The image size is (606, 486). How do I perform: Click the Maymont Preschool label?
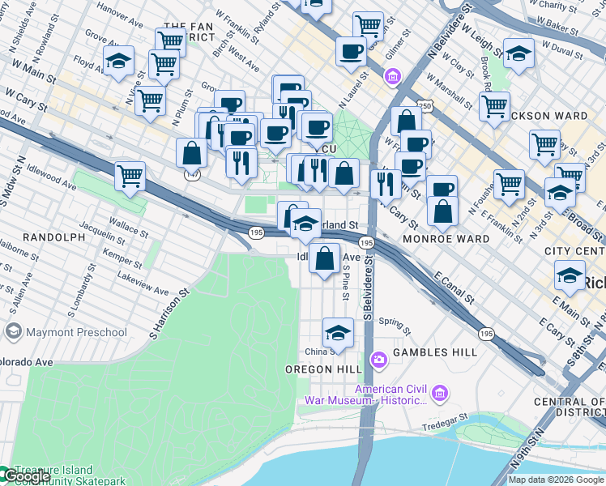pos(76,332)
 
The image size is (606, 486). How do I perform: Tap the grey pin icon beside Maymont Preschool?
pos(13,332)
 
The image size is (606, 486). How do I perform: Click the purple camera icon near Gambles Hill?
pos(378,359)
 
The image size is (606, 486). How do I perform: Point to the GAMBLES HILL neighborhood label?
pos(433,354)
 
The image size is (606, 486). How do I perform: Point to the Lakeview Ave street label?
pos(143,290)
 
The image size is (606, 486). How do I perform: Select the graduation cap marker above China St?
pos(339,331)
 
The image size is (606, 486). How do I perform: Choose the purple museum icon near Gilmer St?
pos(393,77)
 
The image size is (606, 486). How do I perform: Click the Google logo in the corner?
pos(26,477)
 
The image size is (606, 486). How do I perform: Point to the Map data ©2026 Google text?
pos(556,480)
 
